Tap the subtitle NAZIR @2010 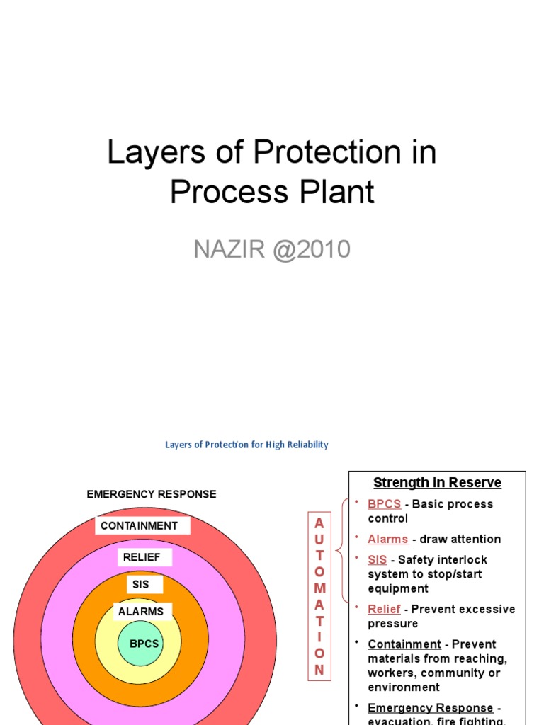coord(272,249)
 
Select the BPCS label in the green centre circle coord(144,644)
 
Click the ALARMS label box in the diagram coord(141,612)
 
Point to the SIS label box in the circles coord(141,585)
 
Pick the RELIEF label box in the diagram coord(142,557)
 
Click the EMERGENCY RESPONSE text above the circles coord(152,494)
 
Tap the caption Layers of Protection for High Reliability coord(246,445)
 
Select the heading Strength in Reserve coord(437,482)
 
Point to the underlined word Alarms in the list coord(387,539)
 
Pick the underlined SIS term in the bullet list coord(378,559)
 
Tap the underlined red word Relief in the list coord(384,609)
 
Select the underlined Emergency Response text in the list coord(430,708)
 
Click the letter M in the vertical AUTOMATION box coord(319,588)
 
